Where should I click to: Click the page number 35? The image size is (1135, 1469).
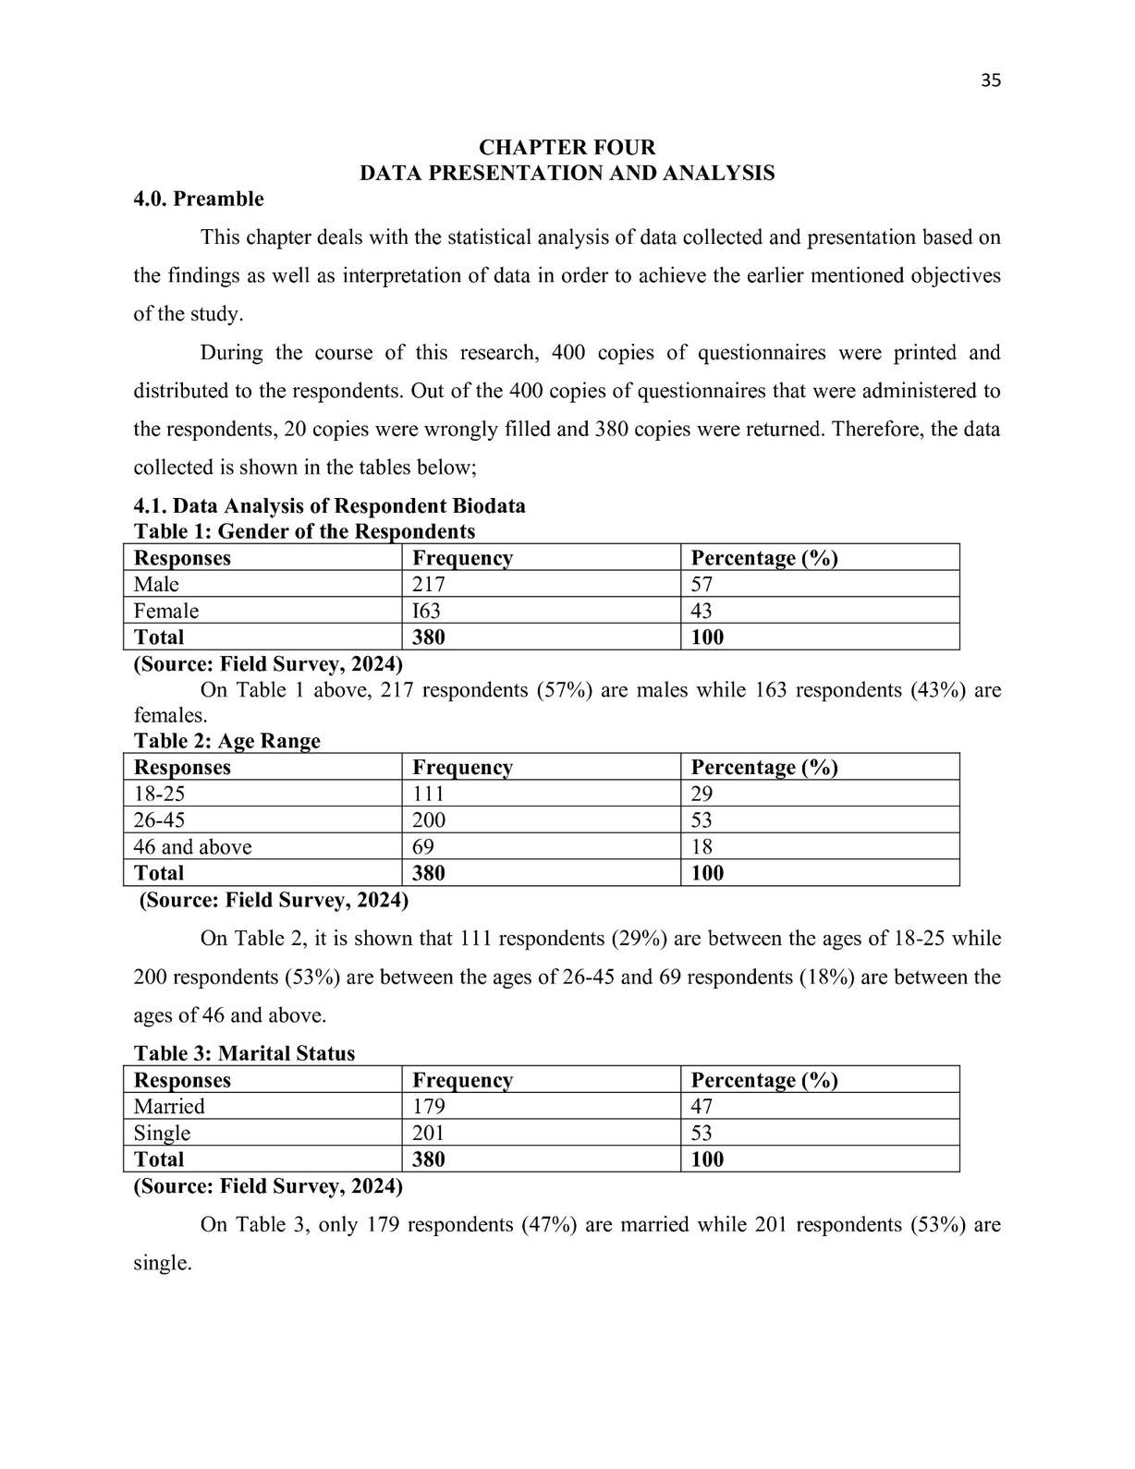pos(990,80)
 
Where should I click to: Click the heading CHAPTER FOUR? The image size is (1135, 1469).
pos(567,148)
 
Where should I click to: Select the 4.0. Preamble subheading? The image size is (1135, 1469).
pos(199,200)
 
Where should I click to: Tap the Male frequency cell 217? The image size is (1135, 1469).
pos(429,585)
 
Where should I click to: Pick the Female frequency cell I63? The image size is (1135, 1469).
pos(427,612)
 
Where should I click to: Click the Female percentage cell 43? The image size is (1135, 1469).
pos(702,612)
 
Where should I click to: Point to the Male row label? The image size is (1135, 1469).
pos(156,585)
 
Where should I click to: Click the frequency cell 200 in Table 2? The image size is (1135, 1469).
pos(429,820)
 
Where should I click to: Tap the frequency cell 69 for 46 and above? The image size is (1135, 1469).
pos(423,847)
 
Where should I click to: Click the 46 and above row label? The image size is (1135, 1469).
pos(192,847)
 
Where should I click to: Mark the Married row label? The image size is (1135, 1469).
pos(169,1107)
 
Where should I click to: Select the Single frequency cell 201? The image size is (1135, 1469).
pos(429,1134)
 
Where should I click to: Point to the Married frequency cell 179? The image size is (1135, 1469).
pos(429,1107)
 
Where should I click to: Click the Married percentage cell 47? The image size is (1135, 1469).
pos(702,1107)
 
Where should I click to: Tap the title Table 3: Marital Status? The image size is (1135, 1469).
pos(244,1054)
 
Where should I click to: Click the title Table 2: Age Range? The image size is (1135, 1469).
pos(226,741)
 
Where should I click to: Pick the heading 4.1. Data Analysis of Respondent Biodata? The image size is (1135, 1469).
pos(329,506)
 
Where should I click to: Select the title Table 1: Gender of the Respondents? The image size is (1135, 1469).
pos(304,532)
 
